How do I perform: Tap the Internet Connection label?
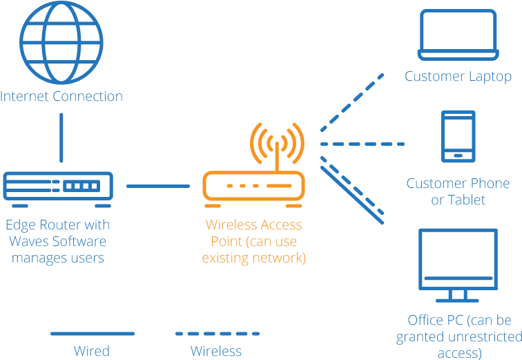click(x=61, y=96)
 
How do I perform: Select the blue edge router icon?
click(x=58, y=189)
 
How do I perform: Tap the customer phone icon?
click(x=458, y=136)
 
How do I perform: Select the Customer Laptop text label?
click(x=458, y=76)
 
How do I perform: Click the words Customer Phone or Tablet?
click(x=458, y=191)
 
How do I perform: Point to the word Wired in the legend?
click(x=92, y=351)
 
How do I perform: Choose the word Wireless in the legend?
click(x=216, y=351)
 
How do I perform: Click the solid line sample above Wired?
click(x=92, y=334)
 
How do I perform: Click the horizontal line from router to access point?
click(x=158, y=186)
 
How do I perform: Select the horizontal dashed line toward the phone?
click(x=362, y=144)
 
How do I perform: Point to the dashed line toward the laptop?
click(x=352, y=100)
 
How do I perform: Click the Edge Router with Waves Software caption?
click(x=58, y=242)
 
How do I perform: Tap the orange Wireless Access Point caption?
click(x=253, y=242)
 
